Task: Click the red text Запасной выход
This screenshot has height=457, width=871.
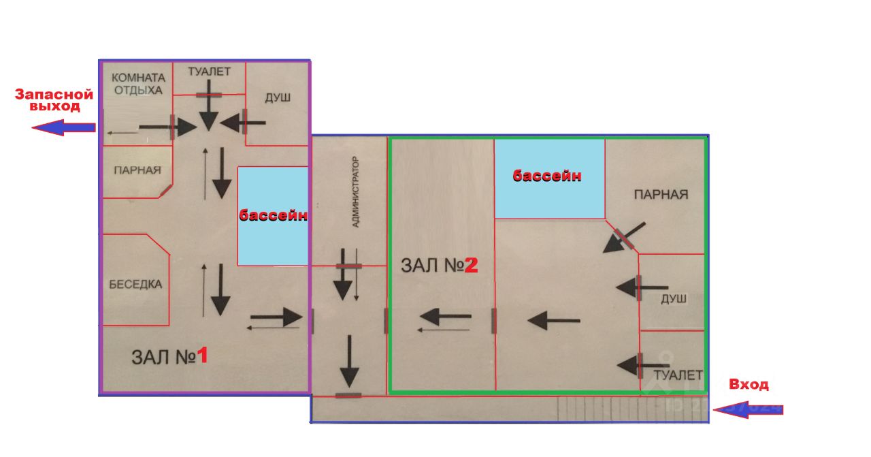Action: pos(54,100)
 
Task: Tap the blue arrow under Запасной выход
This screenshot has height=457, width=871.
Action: pos(63,127)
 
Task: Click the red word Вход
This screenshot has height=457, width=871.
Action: pos(749,384)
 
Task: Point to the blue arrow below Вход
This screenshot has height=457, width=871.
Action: pos(748,410)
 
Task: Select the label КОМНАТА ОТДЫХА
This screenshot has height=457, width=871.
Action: pos(138,84)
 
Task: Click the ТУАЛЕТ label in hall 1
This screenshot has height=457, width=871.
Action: pos(209,72)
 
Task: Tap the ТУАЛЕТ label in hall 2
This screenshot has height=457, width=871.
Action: pos(678,375)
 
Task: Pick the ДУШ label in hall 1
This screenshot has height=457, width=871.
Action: pos(278,97)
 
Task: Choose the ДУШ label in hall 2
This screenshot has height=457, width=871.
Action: pos(674,299)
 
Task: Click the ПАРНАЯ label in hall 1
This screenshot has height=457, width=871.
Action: pos(137,170)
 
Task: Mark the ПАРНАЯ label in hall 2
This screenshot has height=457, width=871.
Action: pos(661,194)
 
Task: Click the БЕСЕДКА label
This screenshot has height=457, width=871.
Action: pos(135,285)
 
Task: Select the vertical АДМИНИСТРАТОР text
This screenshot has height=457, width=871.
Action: pos(355,192)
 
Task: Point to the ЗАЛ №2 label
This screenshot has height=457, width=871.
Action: pos(440,266)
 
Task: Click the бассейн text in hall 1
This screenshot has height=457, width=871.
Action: pos(273,215)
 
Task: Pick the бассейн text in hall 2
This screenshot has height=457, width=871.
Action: pos(547,176)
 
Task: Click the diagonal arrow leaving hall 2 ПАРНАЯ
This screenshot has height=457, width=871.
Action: pos(624,238)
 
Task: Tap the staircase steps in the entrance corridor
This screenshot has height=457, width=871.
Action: pos(633,409)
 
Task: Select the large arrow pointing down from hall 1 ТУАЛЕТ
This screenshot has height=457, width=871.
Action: pos(209,106)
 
